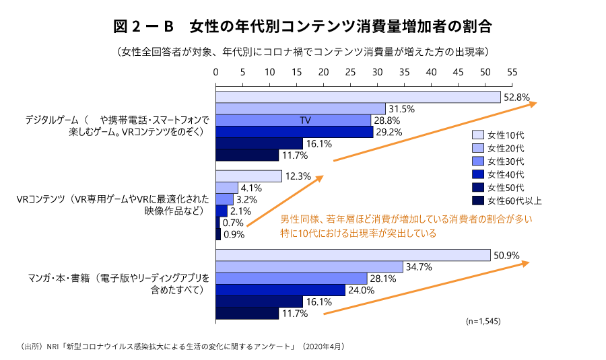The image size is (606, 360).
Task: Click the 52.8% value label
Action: pos(516,97)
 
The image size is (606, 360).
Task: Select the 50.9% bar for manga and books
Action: pos(353,255)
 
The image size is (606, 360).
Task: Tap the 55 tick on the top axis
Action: pos(512,72)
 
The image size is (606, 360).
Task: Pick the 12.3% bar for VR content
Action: pos(248,176)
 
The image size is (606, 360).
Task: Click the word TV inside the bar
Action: pos(305,120)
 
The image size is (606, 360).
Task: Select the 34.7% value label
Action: pos(419,267)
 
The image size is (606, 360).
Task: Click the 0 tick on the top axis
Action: pos(216,72)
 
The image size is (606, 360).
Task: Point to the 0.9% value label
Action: pos(234,235)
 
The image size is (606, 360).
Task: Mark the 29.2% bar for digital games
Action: pos(294,132)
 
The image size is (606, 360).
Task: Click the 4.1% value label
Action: pos(250,188)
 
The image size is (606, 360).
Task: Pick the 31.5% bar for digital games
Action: pos(300,108)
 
